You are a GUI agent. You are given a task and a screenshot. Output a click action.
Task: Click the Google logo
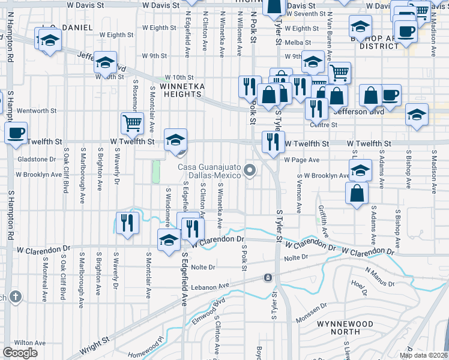pos(20,352)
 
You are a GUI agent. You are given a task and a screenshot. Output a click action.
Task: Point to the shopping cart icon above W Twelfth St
pos(132,124)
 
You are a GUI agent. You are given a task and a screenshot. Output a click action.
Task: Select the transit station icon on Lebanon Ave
pos(268,278)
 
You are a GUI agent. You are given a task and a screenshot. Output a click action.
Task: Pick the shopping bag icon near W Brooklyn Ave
pos(357,194)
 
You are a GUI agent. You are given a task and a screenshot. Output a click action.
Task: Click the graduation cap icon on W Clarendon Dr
pos(169,241)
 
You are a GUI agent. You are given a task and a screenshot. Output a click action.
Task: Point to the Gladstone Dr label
pos(40,159)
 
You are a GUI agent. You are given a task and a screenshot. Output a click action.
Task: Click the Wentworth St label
pos(36,111)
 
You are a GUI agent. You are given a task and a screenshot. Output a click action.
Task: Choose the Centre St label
pos(323,125)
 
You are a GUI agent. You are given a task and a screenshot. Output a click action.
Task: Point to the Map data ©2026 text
pos(423,355)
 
